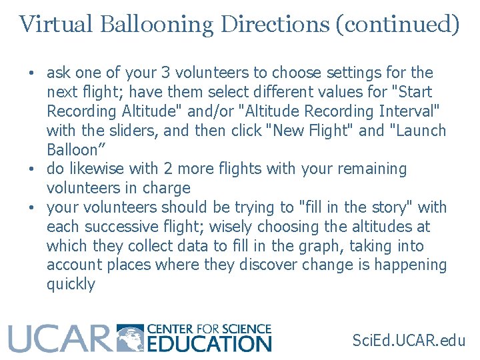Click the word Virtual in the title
coord(56,24)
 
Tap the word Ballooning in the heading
coord(157,24)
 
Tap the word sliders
coord(131,131)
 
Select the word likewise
coord(95,169)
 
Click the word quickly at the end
coord(71,284)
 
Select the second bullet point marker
coord(31,169)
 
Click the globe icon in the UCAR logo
coord(131,338)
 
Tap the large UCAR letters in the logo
coord(59,338)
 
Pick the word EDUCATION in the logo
coord(209,344)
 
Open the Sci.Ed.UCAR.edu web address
coord(409,340)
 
